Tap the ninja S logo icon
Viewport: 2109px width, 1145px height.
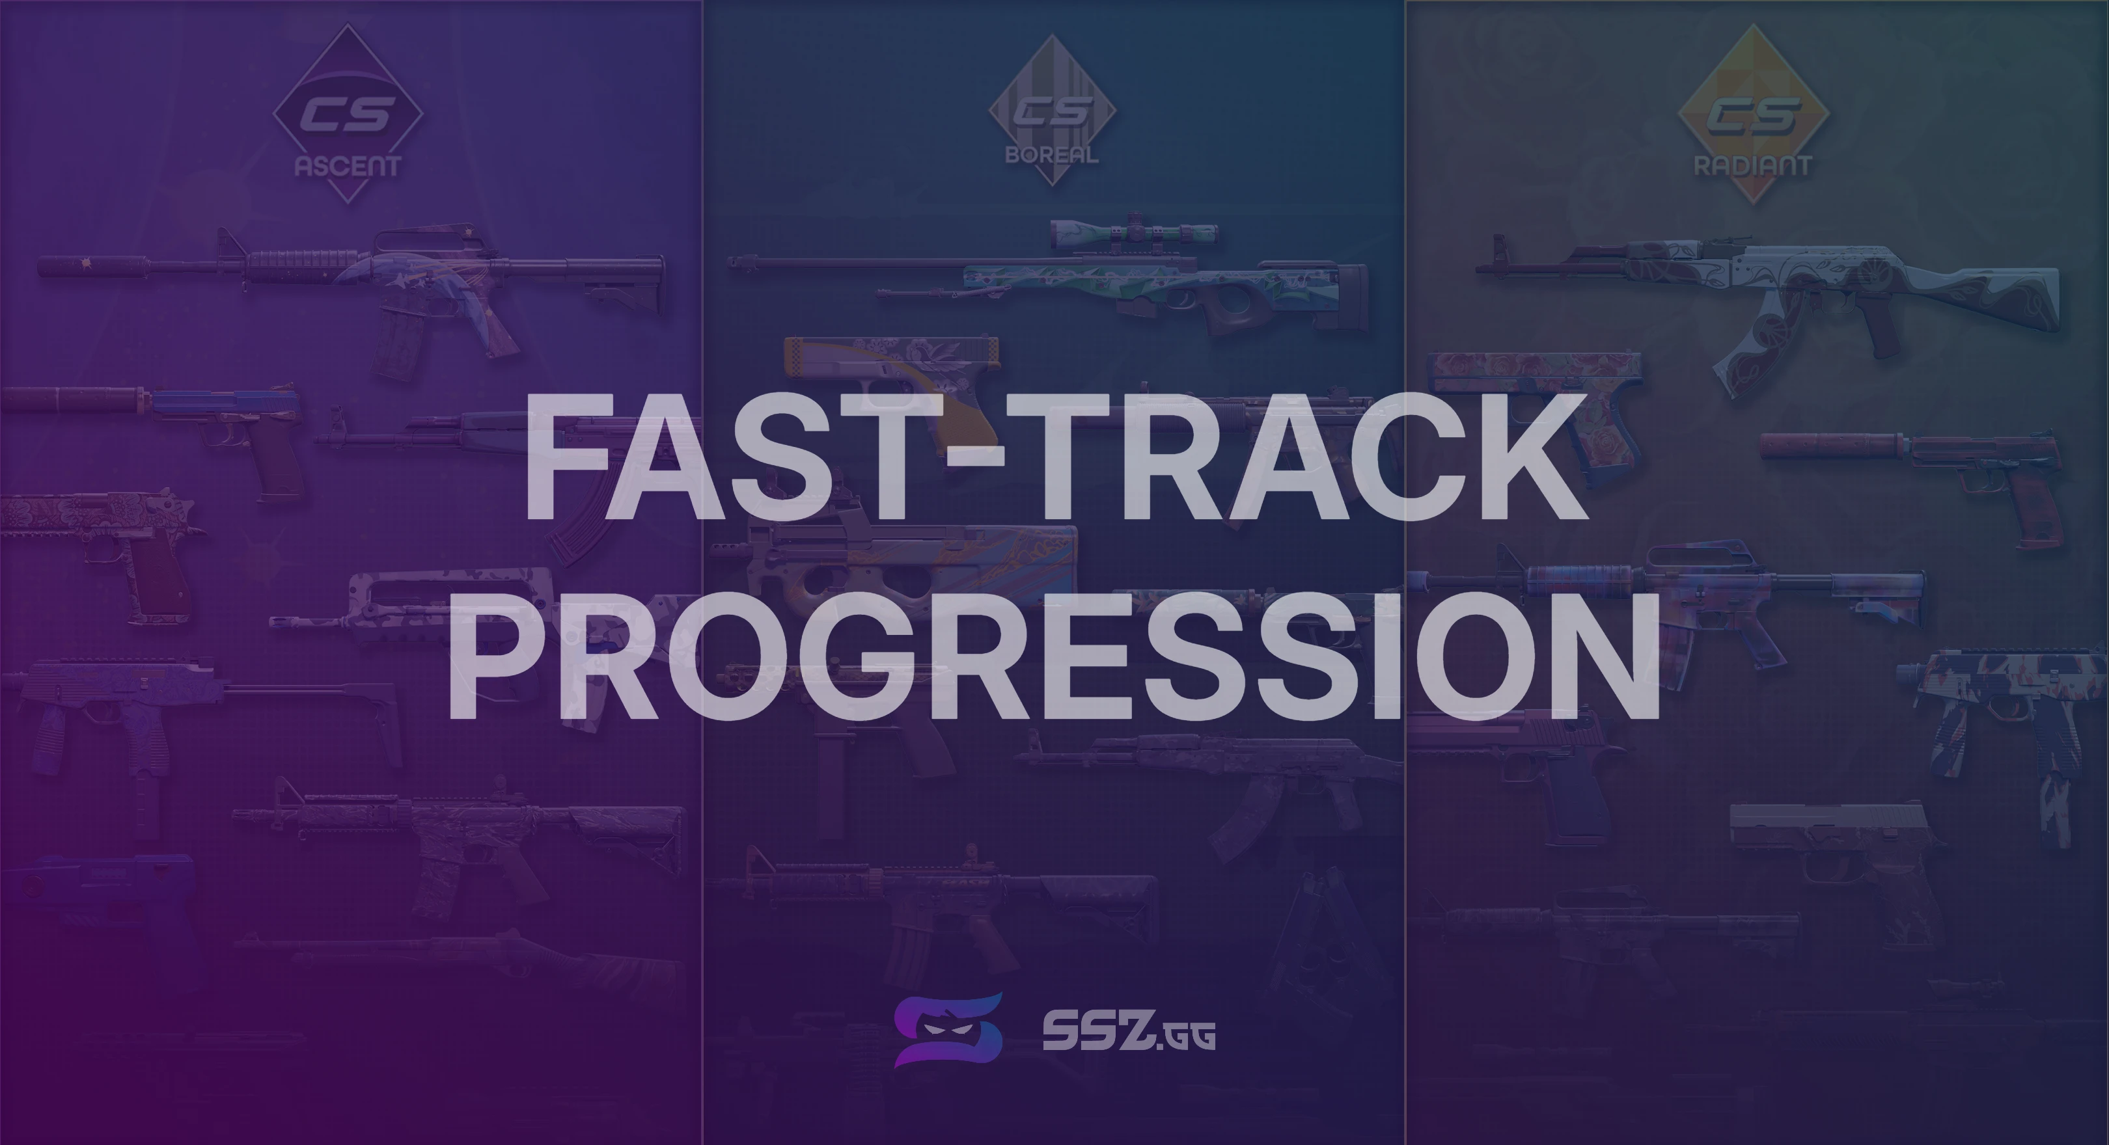pyautogui.click(x=948, y=1030)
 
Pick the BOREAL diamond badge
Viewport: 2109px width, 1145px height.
pyautogui.click(x=1052, y=110)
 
